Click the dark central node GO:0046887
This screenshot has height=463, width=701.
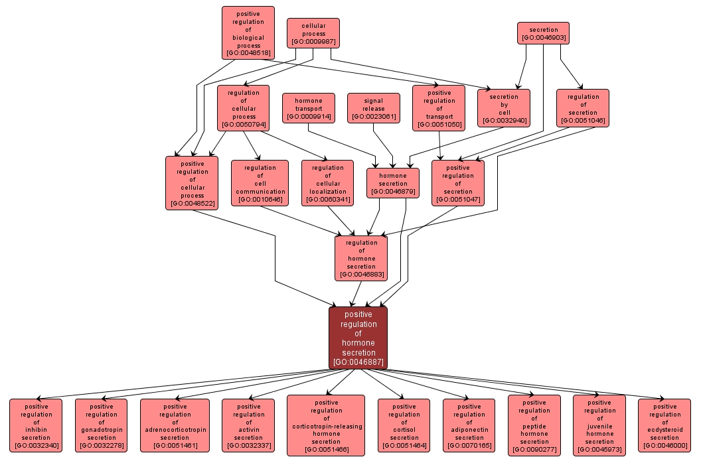[358, 338]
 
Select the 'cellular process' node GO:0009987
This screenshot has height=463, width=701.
[313, 33]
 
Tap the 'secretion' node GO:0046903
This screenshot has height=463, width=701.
[543, 33]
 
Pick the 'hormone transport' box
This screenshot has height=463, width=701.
[308, 108]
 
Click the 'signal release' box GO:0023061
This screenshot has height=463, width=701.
[374, 108]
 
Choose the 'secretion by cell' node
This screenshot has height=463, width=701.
[504, 108]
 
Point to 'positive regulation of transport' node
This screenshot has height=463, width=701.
[439, 108]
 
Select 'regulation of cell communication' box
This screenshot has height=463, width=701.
[260, 183]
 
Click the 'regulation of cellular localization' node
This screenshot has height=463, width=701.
[328, 183]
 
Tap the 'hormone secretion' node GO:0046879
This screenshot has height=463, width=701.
[393, 183]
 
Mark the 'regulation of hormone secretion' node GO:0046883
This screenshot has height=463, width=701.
[361, 258]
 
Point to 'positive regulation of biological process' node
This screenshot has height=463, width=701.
[248, 33]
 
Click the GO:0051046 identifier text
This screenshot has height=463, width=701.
[583, 121]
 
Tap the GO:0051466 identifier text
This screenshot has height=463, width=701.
[326, 450]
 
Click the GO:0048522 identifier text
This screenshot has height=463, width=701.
[192, 203]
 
